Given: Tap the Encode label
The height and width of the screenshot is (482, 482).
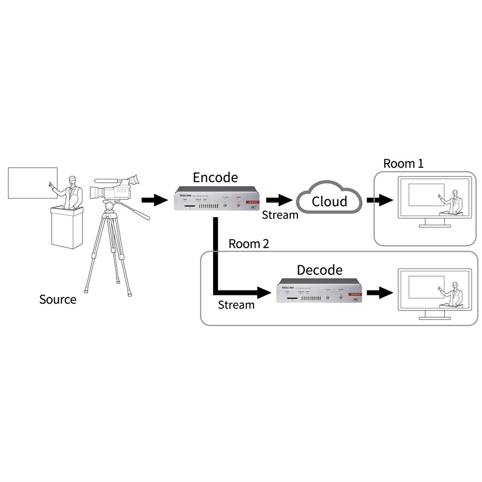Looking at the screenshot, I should coord(215,177).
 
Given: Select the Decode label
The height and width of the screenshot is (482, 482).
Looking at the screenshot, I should coord(319,269).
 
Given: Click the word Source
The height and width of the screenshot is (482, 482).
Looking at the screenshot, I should coord(57,299).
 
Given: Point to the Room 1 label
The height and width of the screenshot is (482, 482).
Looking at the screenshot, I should coord(403,163).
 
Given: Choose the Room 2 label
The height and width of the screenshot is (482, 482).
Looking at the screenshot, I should coord(248,244).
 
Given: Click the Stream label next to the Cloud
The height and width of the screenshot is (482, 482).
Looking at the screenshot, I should coord(280,215).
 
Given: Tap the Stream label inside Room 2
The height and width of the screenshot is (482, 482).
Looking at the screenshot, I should coord(236,305).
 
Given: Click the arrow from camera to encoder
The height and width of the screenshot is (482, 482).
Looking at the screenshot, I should coord(153,200).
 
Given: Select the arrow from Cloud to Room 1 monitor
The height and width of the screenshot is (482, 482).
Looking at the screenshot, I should coord(379,200).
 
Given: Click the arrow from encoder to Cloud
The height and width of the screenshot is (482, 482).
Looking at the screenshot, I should coord(279,200).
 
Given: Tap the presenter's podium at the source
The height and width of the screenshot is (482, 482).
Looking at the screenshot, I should coord(67,227).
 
